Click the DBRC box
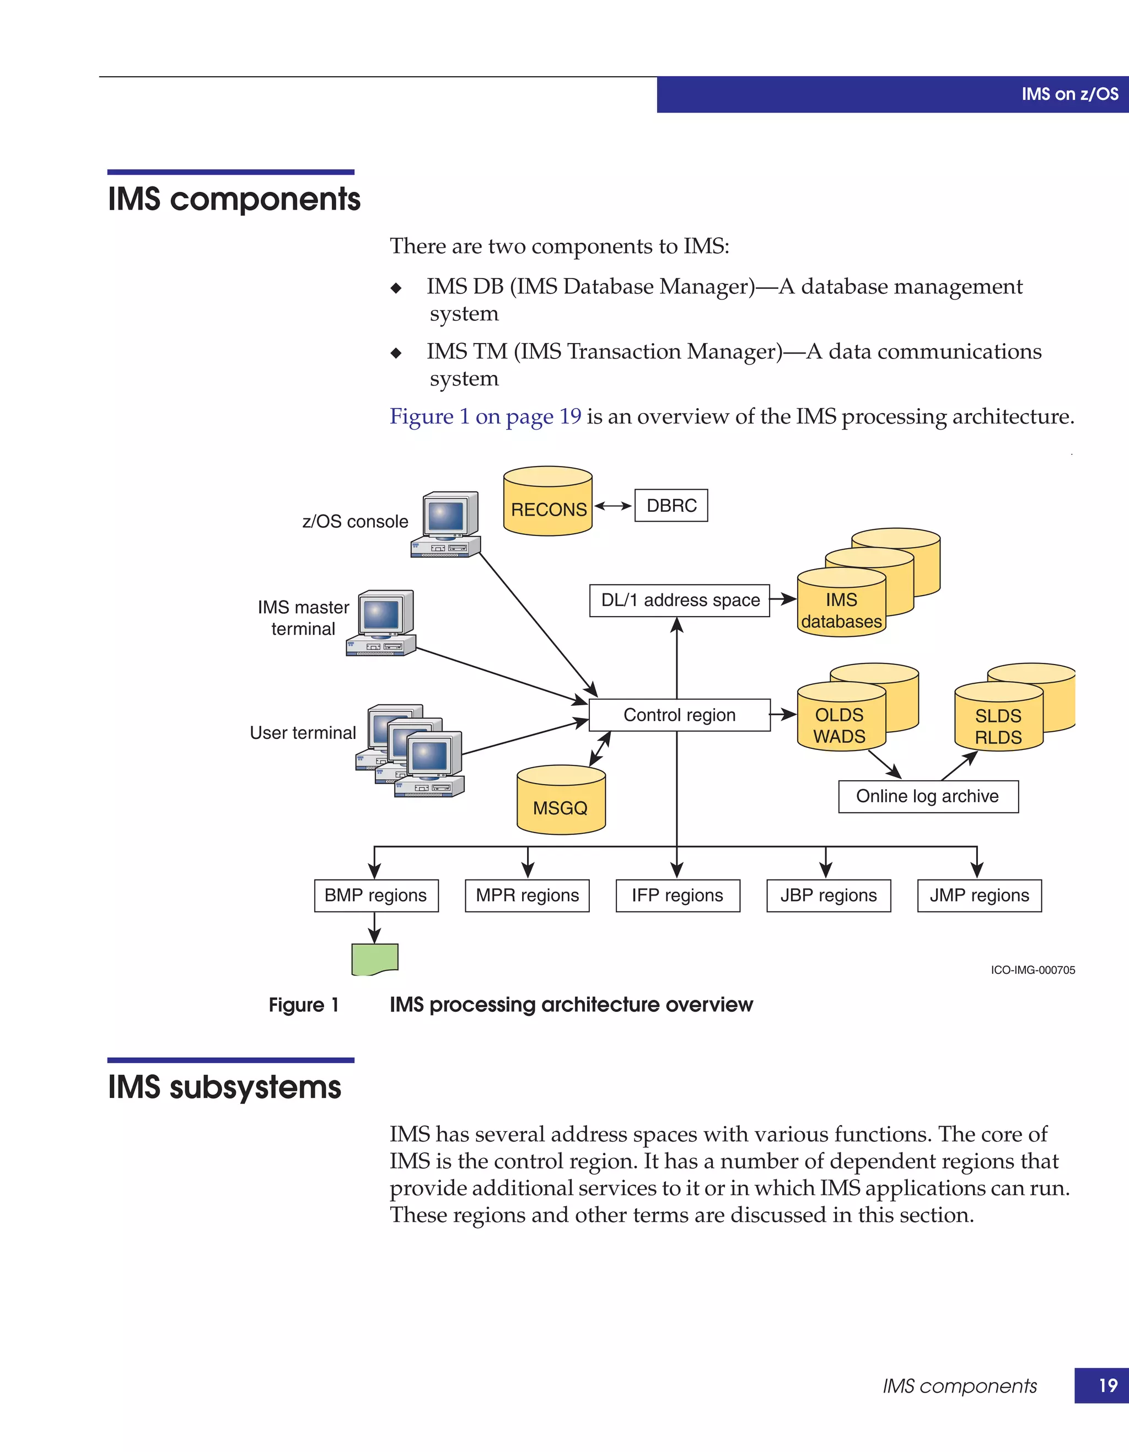pyautogui.click(x=670, y=505)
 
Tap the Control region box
pyautogui.click(x=679, y=715)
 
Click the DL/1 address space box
pyautogui.click(x=679, y=601)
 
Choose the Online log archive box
pyautogui.click(x=928, y=796)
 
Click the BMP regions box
pyautogui.click(x=375, y=896)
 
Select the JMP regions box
pyautogui.click(x=979, y=896)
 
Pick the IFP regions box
pyautogui.click(x=677, y=896)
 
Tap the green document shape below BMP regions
pyautogui.click(x=374, y=958)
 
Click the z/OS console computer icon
pyautogui.click(x=446, y=525)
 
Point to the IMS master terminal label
pyautogui.click(x=303, y=618)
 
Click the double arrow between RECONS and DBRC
pyautogui.click(x=612, y=506)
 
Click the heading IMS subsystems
pyautogui.click(x=224, y=1087)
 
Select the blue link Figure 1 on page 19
pyautogui.click(x=485, y=416)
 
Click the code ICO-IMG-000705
pyautogui.click(x=1032, y=970)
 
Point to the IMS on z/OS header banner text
pyautogui.click(x=1069, y=94)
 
